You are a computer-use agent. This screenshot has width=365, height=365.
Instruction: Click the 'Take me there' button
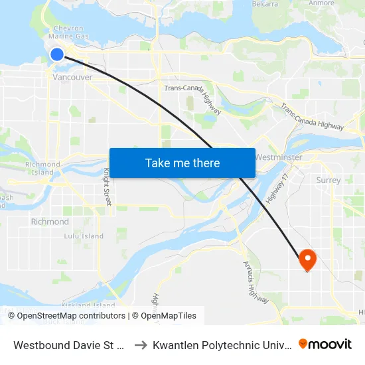click(182, 163)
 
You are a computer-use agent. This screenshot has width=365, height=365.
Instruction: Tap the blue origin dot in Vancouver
click(58, 54)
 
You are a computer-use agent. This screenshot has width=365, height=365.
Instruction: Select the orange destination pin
click(307, 259)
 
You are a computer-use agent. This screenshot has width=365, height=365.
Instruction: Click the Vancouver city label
click(72, 77)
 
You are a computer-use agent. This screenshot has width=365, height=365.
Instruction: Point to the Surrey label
click(328, 180)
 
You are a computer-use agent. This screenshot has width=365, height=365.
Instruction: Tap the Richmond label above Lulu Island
click(50, 222)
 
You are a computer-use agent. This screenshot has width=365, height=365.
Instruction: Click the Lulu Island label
click(84, 236)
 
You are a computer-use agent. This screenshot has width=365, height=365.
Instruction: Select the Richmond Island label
click(42, 168)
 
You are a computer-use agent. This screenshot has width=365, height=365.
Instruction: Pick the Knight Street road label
click(106, 186)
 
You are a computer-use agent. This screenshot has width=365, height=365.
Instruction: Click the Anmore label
click(321, 3)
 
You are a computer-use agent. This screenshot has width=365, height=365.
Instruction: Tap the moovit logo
click(325, 344)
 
